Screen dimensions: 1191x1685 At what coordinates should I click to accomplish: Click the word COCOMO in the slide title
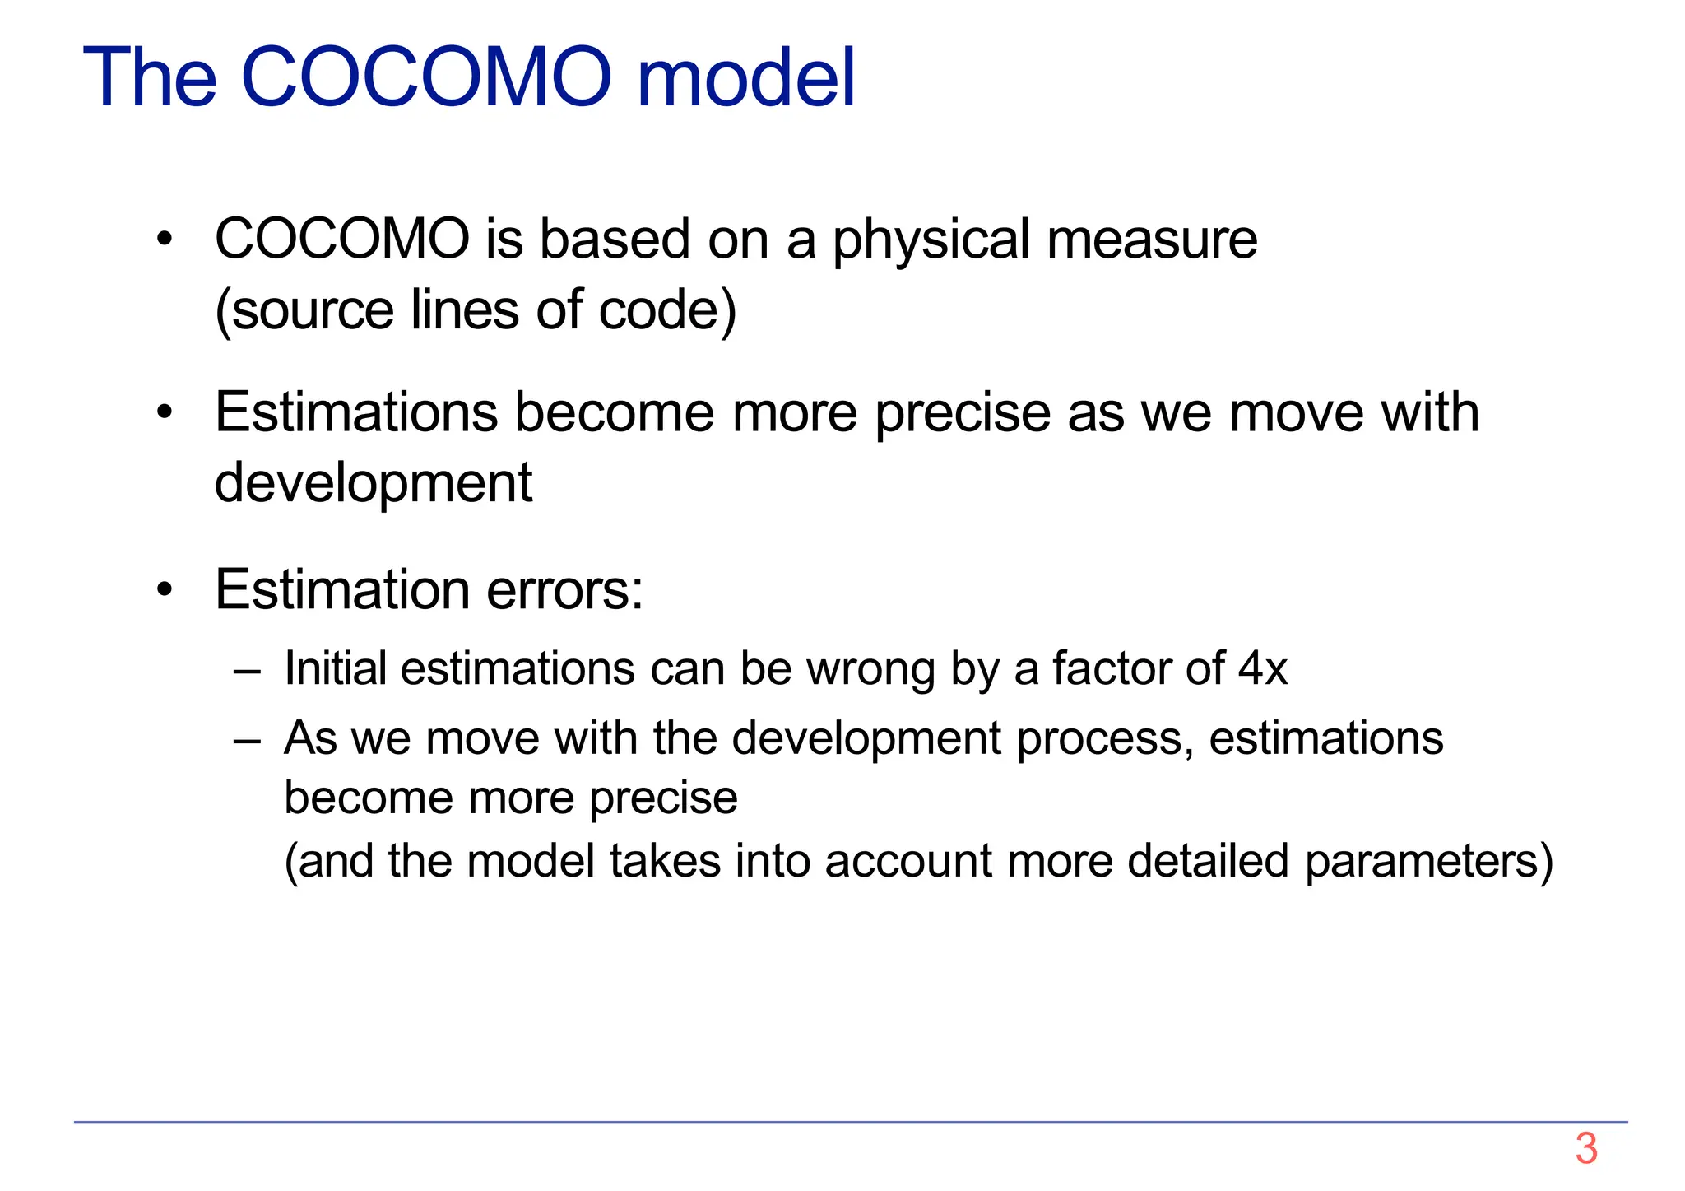[x=426, y=77]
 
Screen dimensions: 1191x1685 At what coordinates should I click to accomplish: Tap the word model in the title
[x=745, y=77]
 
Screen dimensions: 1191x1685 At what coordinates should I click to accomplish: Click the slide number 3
[x=1585, y=1149]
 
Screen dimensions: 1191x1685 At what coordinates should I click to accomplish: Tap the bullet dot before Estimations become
[x=165, y=413]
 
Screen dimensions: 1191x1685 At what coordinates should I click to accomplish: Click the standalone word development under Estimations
[x=374, y=483]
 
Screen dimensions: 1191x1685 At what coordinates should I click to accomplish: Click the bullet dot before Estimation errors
[x=165, y=591]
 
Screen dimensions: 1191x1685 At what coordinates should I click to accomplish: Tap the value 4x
[x=1262, y=668]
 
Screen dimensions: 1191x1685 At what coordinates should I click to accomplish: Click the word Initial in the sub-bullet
[x=335, y=668]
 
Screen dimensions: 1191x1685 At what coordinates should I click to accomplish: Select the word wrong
[x=870, y=668]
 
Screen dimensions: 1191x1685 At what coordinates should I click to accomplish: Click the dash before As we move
[x=247, y=739]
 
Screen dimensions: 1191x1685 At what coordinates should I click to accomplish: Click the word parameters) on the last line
[x=1429, y=862]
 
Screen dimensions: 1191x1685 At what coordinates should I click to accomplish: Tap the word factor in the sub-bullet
[x=1101, y=668]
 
